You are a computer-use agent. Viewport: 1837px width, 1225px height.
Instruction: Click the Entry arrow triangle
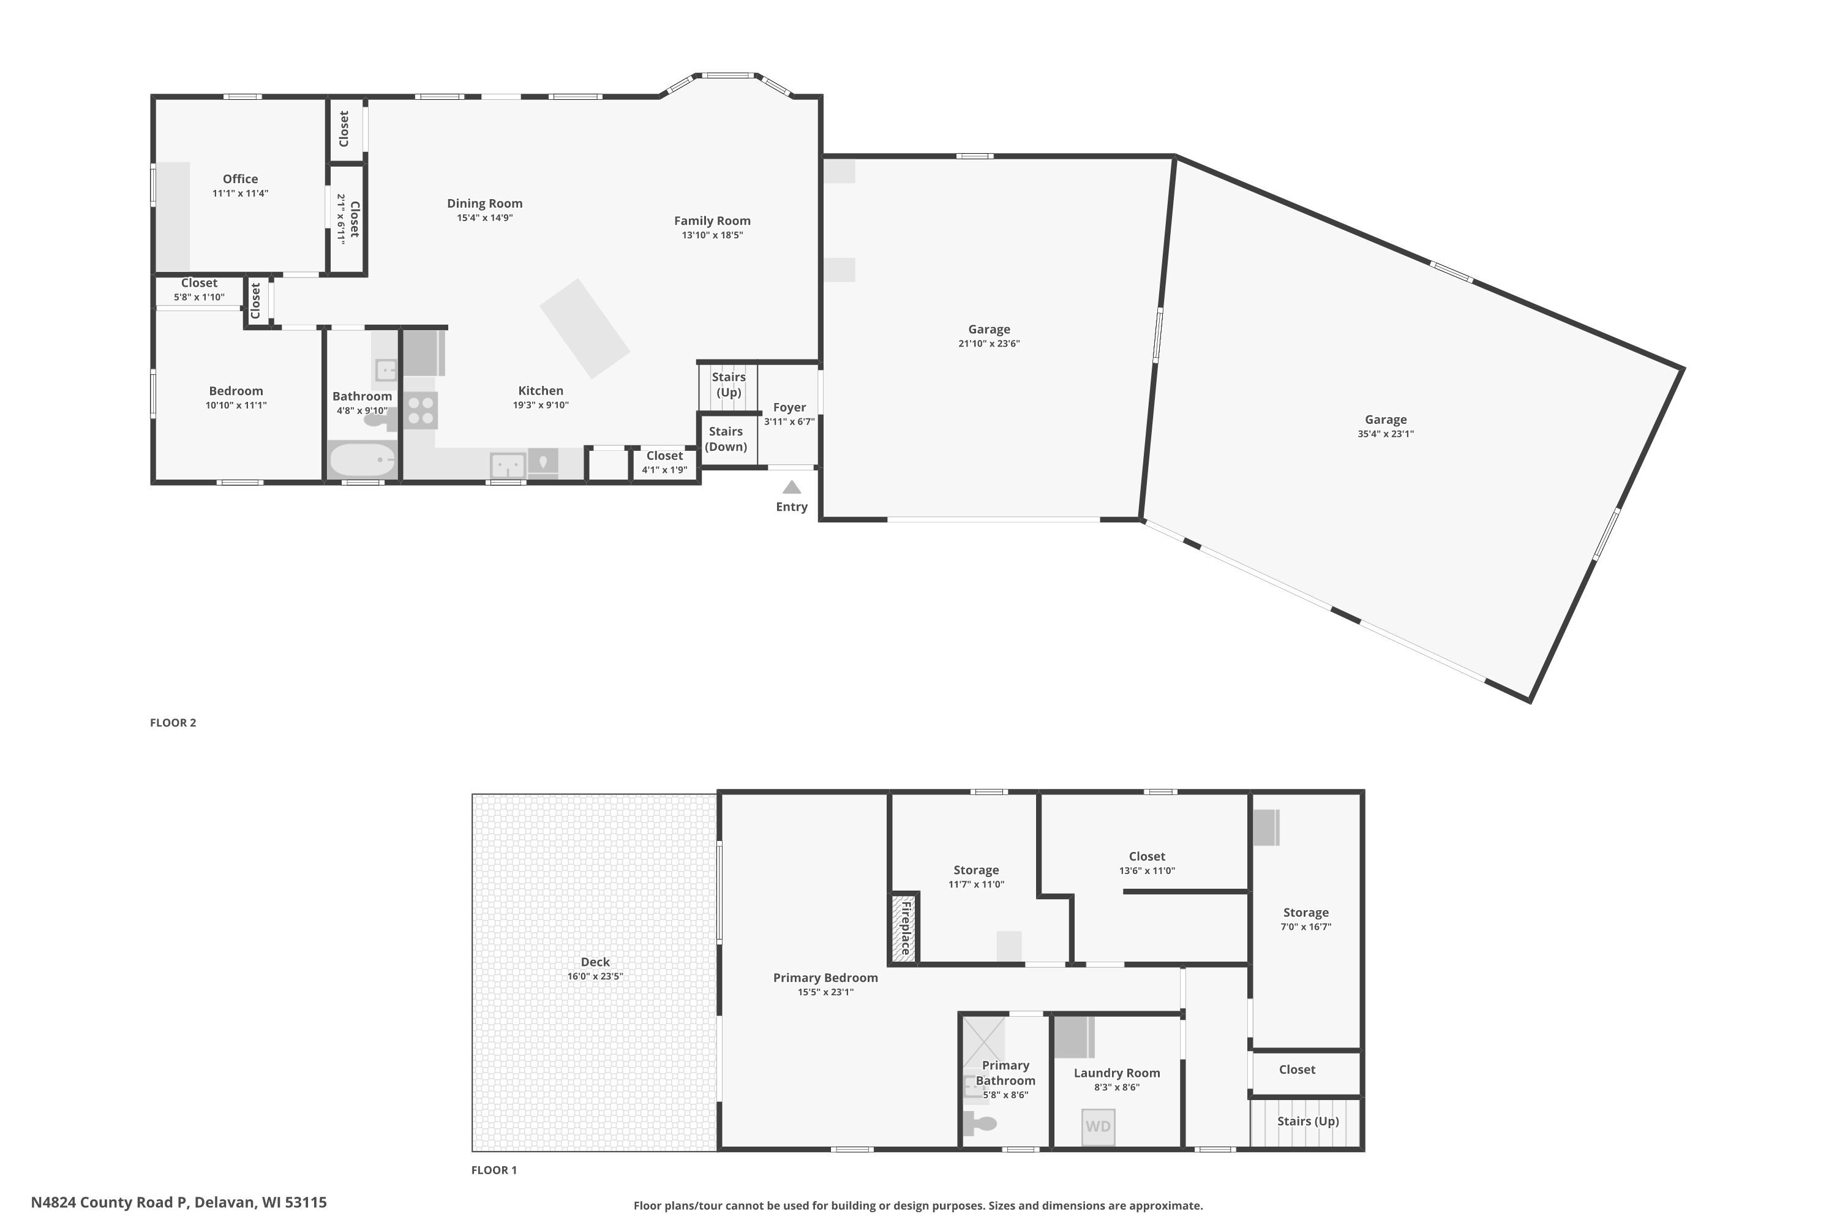791,487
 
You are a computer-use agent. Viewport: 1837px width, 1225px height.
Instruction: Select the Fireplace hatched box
904,927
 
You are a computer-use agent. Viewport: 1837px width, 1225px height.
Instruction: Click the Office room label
240,179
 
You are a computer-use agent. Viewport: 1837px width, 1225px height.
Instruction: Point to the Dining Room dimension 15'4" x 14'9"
484,218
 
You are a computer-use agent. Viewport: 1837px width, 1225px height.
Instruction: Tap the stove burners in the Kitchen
421,411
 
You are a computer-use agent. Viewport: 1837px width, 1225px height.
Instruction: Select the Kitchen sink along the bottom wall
508,465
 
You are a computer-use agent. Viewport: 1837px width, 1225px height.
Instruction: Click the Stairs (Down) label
726,439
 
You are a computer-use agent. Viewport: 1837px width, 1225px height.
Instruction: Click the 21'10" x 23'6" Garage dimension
989,344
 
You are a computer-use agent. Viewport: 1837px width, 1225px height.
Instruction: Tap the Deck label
595,962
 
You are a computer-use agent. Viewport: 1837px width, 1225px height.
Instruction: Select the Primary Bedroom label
825,978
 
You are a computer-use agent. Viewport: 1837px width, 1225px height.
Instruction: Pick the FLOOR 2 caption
173,723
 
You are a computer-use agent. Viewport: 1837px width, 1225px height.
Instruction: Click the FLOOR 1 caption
494,1169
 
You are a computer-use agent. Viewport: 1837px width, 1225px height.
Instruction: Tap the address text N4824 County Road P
110,1202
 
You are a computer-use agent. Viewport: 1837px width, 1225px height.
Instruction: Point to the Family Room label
712,221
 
